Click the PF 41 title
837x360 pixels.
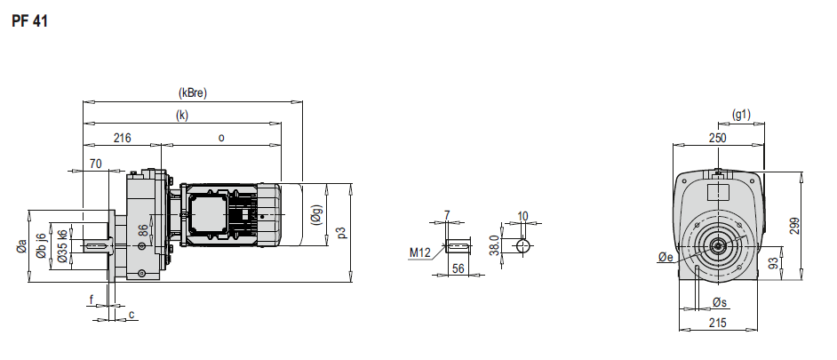[29, 21]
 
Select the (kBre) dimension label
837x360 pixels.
[192, 92]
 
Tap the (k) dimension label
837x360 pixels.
[182, 115]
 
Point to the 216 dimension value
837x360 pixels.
[123, 138]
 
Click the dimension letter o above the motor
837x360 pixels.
[221, 138]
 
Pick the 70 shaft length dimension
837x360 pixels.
[96, 164]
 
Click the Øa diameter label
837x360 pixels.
[21, 246]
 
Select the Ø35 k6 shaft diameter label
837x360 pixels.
[62, 246]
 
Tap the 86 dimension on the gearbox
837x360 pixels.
[142, 231]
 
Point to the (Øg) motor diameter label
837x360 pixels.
[316, 215]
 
